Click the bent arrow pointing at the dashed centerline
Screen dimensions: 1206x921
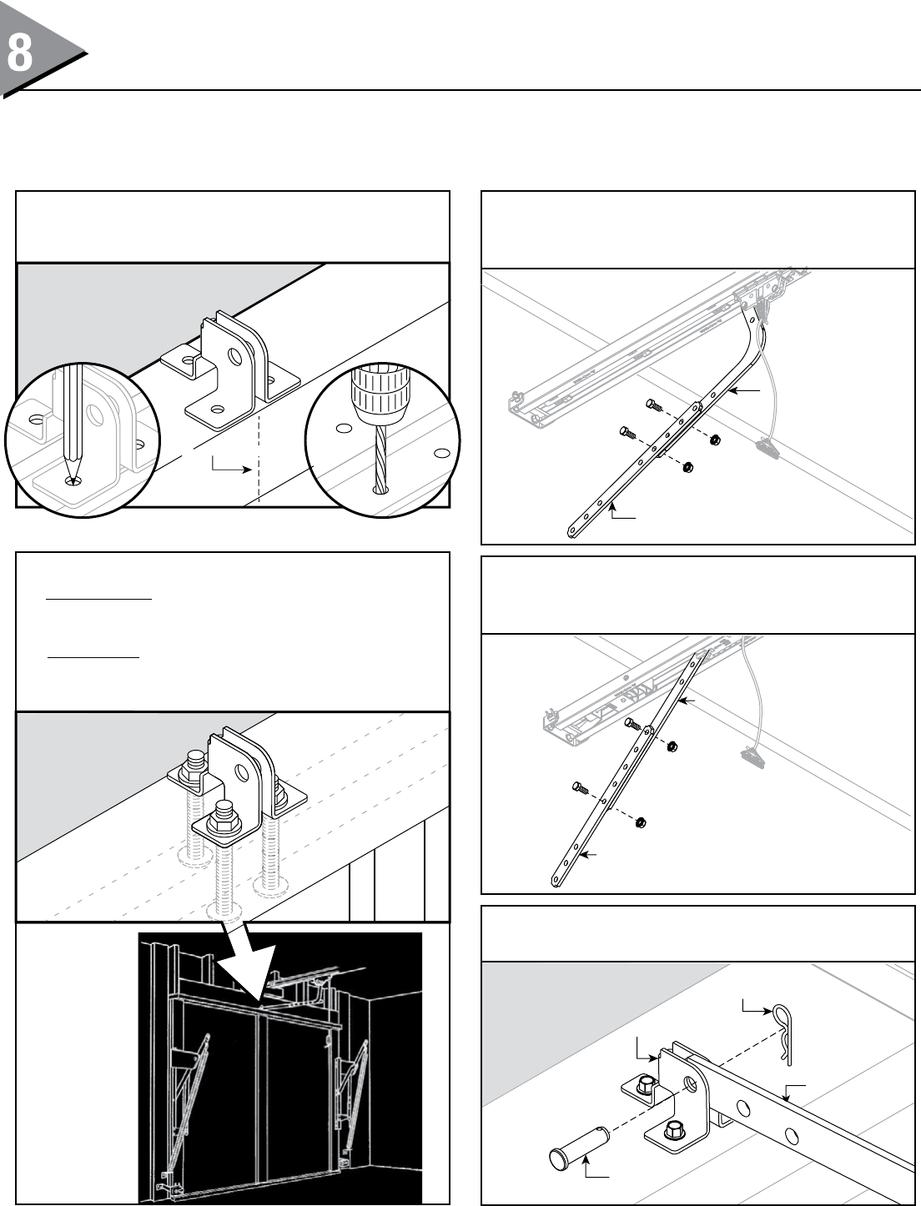pos(230,464)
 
